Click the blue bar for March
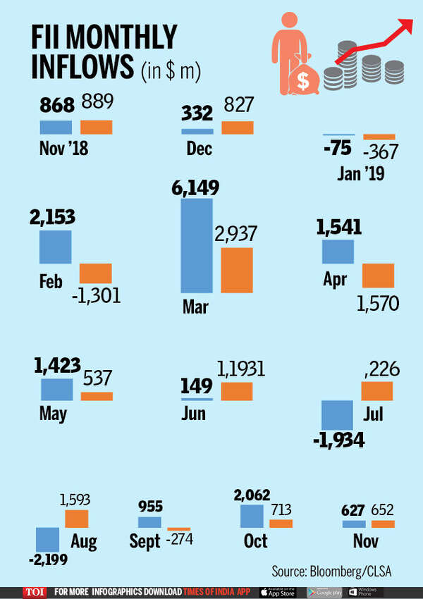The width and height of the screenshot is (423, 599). pyautogui.click(x=197, y=245)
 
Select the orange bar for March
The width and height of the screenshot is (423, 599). pyautogui.click(x=237, y=269)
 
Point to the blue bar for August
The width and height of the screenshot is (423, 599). pyautogui.click(x=48, y=539)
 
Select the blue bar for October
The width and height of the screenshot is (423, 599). pyautogui.click(x=252, y=515)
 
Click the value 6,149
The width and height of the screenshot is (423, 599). pyautogui.click(x=195, y=188)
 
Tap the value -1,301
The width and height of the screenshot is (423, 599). pyautogui.click(x=96, y=293)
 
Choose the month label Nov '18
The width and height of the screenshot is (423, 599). pyautogui.click(x=61, y=149)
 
